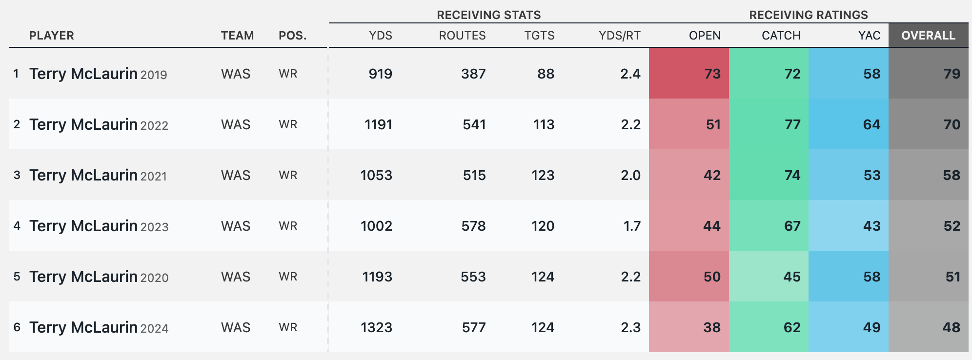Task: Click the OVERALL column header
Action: [x=928, y=36]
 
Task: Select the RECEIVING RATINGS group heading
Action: [x=809, y=15]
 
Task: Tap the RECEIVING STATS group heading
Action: [x=488, y=15]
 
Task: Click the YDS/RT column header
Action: [x=619, y=36]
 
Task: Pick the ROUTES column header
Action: [x=462, y=36]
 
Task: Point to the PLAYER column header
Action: [x=52, y=36]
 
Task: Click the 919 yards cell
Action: [x=380, y=74]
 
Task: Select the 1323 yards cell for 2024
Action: [x=376, y=327]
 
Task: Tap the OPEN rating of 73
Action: [x=712, y=74]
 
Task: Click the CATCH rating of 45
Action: [x=792, y=277]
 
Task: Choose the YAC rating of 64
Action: [x=871, y=124]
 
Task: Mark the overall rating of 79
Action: [x=952, y=74]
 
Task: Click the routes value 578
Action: [x=473, y=226]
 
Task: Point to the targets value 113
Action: [x=544, y=124]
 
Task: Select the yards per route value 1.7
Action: [x=632, y=226]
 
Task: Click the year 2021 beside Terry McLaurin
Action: [x=153, y=176]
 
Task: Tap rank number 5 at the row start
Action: [x=17, y=277]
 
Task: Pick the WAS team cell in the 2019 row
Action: [x=236, y=74]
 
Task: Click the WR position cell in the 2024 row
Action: [x=288, y=327]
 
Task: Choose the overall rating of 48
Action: [x=952, y=327]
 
